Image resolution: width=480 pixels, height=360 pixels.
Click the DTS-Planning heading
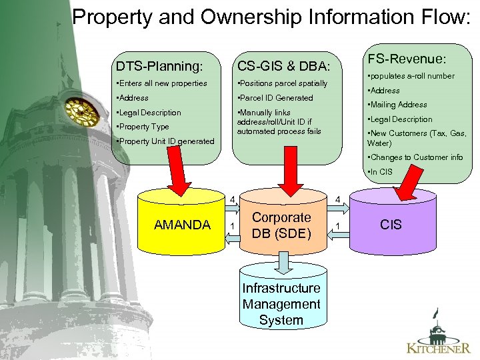pyautogui.click(x=159, y=66)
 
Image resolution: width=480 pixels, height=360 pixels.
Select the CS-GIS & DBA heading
pyautogui.click(x=283, y=66)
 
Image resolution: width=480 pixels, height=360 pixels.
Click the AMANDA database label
pyautogui.click(x=182, y=225)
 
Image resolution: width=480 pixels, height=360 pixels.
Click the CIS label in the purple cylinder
pyautogui.click(x=391, y=225)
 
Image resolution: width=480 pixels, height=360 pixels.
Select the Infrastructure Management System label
pyautogui.click(x=281, y=304)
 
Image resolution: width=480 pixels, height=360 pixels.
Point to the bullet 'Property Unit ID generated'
pyautogui.click(x=165, y=141)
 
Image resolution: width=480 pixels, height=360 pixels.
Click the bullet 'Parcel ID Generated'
pyautogui.click(x=275, y=98)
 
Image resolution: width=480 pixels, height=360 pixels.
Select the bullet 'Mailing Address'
pyautogui.click(x=397, y=105)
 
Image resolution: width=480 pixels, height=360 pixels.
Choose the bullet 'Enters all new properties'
pyautogui.click(x=161, y=83)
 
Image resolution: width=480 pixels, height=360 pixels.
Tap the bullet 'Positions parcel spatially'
pyautogui.click(x=283, y=83)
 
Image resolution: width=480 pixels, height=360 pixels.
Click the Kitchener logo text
pyautogui.click(x=439, y=347)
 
